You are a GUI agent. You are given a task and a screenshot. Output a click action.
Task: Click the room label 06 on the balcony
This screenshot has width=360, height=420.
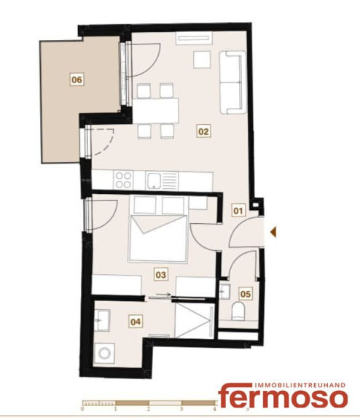coord(77,79)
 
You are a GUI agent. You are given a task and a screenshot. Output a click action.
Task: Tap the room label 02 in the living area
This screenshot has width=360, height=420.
coord(203,131)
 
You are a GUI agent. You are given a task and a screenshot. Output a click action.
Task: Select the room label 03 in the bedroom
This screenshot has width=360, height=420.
coord(161,275)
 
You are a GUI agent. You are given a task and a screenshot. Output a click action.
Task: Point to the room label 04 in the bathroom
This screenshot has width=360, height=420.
coord(136,322)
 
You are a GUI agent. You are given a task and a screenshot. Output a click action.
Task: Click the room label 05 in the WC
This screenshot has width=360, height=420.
coord(246,294)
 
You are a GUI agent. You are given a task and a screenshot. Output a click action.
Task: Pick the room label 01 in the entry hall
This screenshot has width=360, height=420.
coord(238,211)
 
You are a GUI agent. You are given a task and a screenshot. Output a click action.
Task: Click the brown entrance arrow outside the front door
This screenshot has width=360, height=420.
coord(273,232)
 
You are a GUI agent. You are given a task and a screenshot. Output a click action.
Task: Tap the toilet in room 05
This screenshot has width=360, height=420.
coord(238,311)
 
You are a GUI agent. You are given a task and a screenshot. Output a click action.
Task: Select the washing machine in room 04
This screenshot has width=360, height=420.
coord(104,354)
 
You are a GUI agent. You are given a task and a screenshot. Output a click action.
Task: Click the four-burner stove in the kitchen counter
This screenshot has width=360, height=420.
coord(123,180)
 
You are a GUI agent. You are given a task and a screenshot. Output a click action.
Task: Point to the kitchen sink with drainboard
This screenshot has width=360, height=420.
coord(162,181)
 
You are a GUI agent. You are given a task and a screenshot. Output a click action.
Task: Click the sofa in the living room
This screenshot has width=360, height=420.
coord(232,82)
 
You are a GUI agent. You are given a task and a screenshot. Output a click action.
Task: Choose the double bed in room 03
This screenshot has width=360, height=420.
coord(157,238)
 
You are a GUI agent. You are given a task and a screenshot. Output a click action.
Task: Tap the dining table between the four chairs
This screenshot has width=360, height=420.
coord(155,111)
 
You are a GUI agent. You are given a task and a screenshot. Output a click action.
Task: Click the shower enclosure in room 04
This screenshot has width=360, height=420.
coord(195,320)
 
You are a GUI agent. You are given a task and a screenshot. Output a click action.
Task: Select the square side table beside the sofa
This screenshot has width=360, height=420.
coord(202,60)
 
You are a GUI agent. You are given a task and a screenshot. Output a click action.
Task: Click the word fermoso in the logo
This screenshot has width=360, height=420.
coord(283,398)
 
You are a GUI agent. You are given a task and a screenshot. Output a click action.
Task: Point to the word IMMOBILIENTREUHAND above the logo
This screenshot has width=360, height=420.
coord(300,386)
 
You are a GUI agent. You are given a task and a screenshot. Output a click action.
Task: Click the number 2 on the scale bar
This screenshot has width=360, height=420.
coord(149,409)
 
